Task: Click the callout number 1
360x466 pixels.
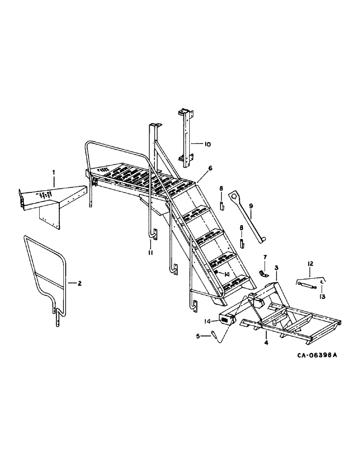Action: pyautogui.click(x=54, y=172)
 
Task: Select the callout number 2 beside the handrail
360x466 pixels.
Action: pyautogui.click(x=80, y=283)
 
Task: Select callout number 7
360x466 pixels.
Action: pyautogui.click(x=264, y=257)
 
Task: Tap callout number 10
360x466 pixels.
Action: pyautogui.click(x=207, y=144)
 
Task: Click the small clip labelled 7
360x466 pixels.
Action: pyautogui.click(x=263, y=273)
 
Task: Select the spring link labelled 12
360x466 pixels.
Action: pyautogui.click(x=307, y=283)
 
